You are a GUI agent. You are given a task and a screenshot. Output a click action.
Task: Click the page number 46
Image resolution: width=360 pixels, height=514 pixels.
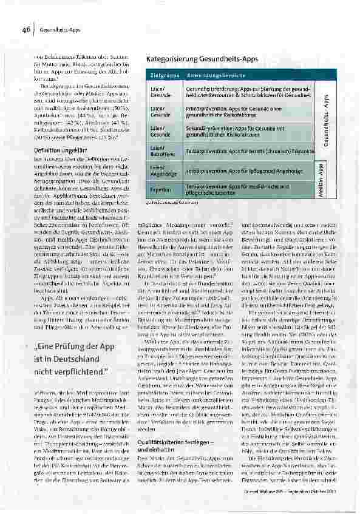(x=27, y=29)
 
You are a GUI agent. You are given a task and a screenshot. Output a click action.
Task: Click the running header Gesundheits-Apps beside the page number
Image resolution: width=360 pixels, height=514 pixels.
(x=56, y=29)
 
